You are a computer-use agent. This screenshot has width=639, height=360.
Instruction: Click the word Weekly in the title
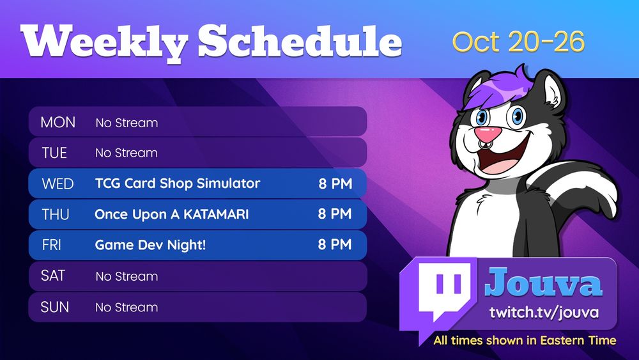click(x=104, y=42)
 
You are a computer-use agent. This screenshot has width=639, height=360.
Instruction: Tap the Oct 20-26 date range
click(x=518, y=41)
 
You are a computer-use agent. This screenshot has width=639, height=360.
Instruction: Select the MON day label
click(x=58, y=122)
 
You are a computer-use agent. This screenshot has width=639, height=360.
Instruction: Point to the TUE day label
click(x=54, y=153)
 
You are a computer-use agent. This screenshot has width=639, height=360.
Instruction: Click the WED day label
click(x=58, y=184)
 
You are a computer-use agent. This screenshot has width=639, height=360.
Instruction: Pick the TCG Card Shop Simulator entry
click(x=177, y=184)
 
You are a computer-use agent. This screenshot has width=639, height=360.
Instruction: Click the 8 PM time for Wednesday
click(x=335, y=184)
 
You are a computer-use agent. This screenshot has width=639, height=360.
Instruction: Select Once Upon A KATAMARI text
click(x=171, y=214)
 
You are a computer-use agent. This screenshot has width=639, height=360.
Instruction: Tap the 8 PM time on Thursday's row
click(x=335, y=214)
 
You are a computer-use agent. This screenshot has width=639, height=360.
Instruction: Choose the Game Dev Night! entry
click(x=150, y=245)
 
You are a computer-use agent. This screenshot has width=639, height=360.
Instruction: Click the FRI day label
click(x=51, y=245)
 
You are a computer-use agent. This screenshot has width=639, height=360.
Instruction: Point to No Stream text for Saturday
click(x=127, y=276)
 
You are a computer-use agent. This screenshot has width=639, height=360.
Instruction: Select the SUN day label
click(x=54, y=307)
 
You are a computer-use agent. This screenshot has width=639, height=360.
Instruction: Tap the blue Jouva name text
click(x=543, y=282)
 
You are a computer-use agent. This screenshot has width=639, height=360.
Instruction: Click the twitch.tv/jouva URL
click(x=544, y=313)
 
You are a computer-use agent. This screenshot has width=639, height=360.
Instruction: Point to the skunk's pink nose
click(x=488, y=133)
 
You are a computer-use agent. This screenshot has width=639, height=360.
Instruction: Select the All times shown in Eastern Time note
click(x=525, y=340)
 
